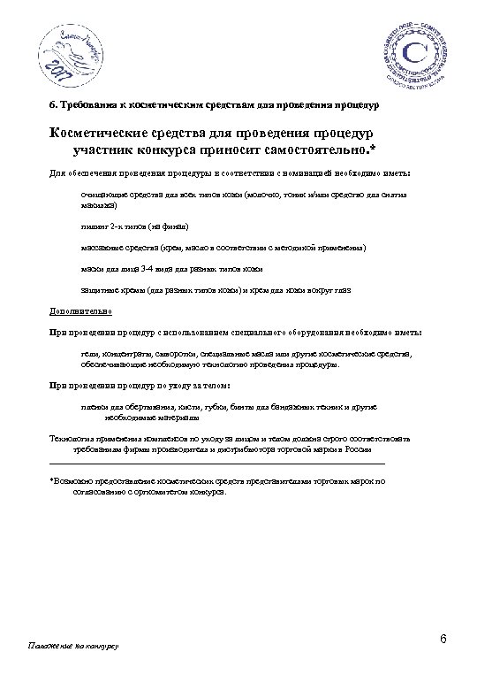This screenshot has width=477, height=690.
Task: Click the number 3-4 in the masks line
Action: point(151,268)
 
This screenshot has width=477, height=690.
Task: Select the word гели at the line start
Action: point(87,354)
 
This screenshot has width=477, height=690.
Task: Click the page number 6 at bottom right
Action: point(443,639)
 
